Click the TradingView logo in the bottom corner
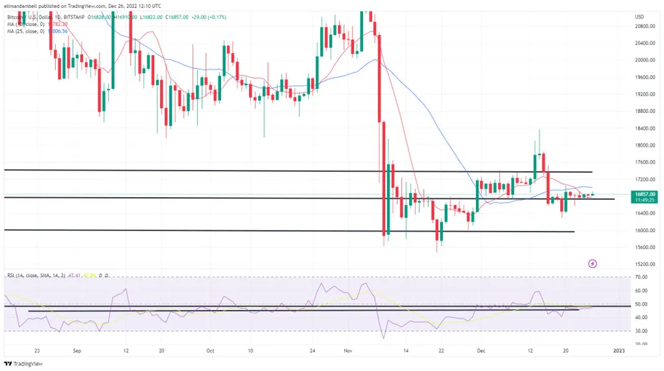[21, 364]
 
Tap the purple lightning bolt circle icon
[593, 263]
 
